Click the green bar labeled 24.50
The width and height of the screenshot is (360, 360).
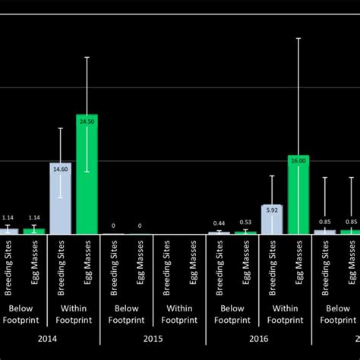click(x=87, y=174)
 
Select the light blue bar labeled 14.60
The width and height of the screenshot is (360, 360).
click(x=60, y=198)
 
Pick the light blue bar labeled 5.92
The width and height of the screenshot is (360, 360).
click(x=272, y=219)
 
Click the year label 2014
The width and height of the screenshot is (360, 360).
click(x=47, y=339)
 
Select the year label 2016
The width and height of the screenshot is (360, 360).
click(x=258, y=339)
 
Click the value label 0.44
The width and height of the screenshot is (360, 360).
click(x=219, y=223)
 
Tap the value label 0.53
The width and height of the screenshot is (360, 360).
click(x=245, y=222)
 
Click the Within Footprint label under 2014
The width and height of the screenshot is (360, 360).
click(x=74, y=314)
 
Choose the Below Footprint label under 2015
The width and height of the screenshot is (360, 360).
click(x=126, y=314)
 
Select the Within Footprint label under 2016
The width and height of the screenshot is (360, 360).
click(x=285, y=314)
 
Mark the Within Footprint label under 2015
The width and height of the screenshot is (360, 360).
click(x=179, y=314)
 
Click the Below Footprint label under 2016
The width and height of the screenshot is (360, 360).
click(x=232, y=314)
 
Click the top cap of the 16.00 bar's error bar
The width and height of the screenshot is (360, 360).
click(x=298, y=38)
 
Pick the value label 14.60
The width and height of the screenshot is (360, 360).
click(x=60, y=170)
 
